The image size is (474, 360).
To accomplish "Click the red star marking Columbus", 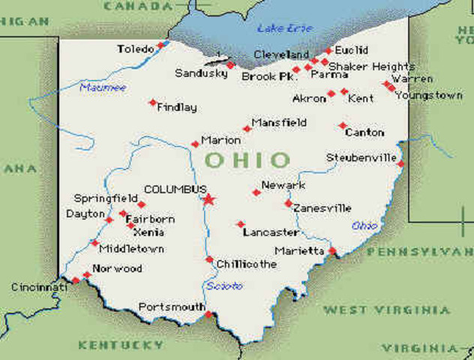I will (x=208, y=199).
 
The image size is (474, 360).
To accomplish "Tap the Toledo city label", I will (x=135, y=49).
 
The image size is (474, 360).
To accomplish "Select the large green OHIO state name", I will (x=247, y=160).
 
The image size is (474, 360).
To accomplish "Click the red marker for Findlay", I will (x=153, y=103).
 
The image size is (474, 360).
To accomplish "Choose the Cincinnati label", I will (x=39, y=287).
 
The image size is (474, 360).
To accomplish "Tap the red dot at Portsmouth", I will (x=208, y=314).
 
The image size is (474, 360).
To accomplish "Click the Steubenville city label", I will (x=361, y=157).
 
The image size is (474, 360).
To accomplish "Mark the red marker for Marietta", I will (x=332, y=251).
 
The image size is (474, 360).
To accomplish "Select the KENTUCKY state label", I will (x=120, y=345).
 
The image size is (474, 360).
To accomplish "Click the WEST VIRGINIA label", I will (x=386, y=310).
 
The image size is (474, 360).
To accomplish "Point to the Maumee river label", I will (x=103, y=88).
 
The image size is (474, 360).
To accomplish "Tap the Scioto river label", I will (x=224, y=286).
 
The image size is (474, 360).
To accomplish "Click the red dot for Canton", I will (x=343, y=126).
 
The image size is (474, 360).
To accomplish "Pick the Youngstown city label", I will (x=429, y=95).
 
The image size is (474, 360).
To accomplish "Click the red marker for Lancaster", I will (x=241, y=224).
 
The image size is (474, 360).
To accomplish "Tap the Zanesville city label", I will (x=322, y=208).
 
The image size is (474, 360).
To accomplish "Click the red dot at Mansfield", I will (x=247, y=129).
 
